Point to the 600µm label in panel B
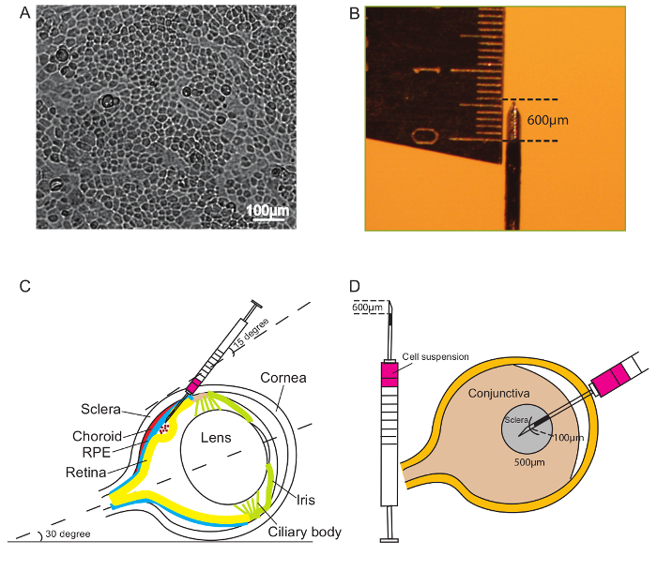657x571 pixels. coord(548,120)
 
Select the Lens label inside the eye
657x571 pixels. coord(218,437)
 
